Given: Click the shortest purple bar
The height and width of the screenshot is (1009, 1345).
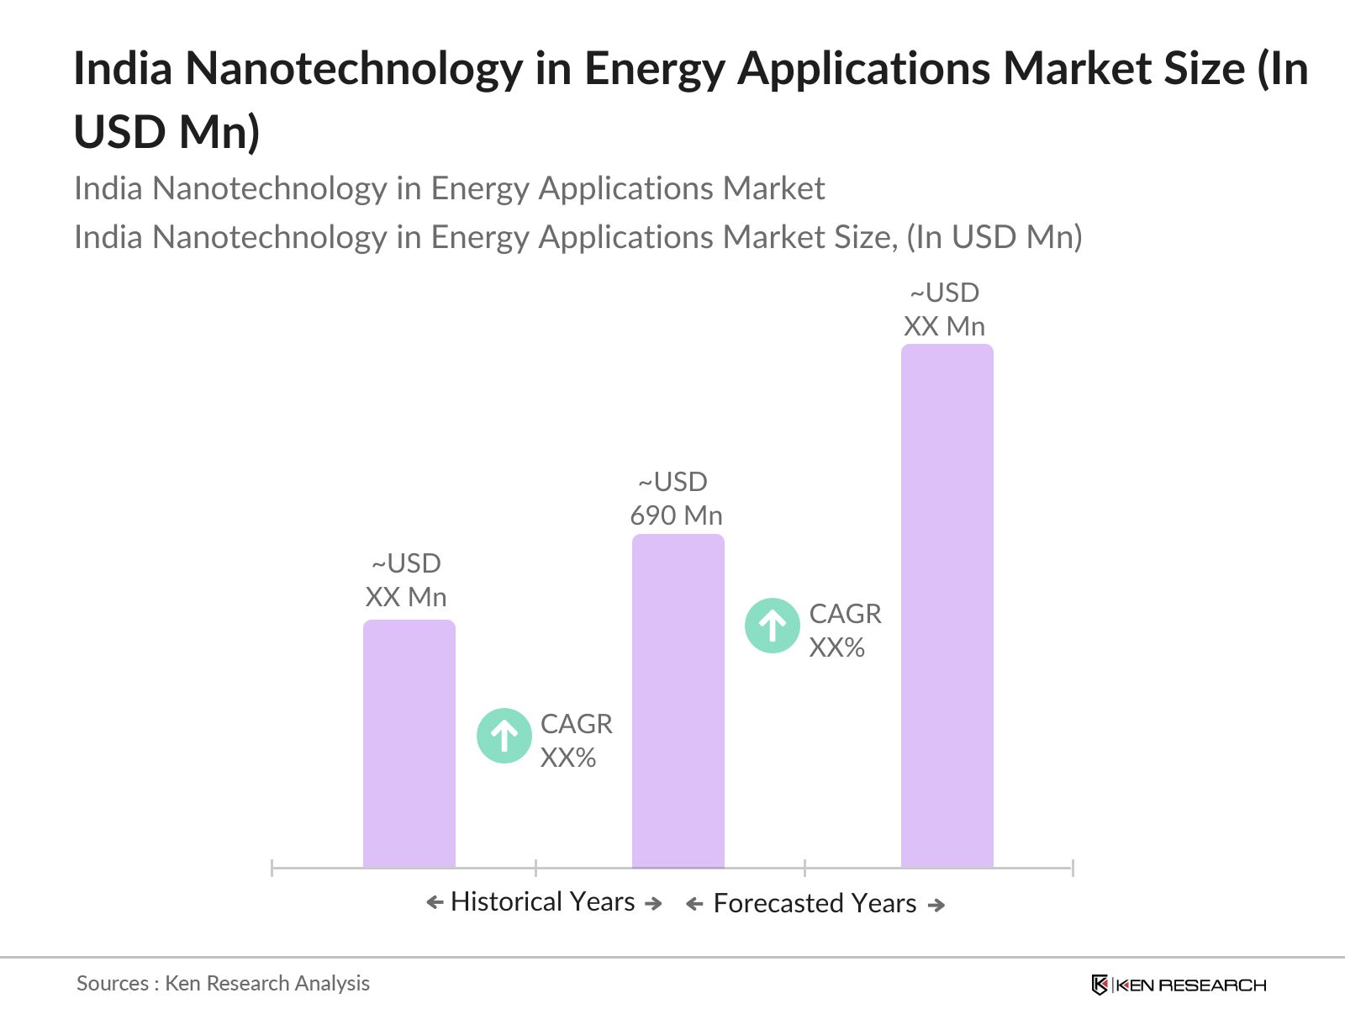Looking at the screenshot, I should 409,744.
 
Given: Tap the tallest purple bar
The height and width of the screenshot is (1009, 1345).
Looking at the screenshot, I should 947,605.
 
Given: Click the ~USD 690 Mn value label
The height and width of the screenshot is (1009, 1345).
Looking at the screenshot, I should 676,499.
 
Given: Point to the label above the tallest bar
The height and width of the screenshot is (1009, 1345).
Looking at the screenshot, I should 945,309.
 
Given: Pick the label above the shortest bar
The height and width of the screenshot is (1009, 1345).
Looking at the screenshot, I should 406,580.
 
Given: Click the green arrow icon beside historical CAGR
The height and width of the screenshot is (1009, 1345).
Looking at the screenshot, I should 504,736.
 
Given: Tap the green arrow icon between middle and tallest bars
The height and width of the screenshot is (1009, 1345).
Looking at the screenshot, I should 773,626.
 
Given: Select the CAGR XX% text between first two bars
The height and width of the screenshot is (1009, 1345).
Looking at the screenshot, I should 576,741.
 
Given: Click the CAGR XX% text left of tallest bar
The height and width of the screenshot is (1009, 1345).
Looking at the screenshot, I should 845,631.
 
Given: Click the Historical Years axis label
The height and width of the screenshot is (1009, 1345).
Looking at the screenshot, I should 543,902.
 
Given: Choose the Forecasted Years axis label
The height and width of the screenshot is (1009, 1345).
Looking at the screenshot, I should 815,904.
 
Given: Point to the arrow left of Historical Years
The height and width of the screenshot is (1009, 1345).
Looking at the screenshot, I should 434,903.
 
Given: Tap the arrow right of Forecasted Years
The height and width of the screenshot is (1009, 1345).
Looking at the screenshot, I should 936,905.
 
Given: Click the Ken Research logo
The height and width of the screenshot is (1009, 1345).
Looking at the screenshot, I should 1178,985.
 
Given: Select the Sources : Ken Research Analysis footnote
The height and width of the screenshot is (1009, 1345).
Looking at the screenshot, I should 223,983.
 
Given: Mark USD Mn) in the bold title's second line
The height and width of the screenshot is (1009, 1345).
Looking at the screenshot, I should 167,132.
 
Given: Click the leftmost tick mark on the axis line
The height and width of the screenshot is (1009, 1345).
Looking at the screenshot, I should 272,868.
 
